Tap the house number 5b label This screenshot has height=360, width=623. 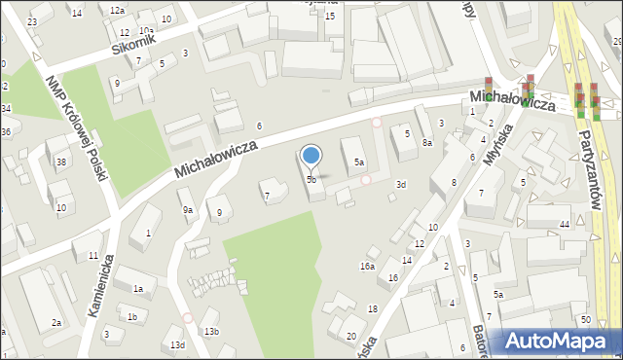pyautogui.click(x=311, y=180)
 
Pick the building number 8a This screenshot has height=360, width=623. pyautogui.click(x=426, y=143)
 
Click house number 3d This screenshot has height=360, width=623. pyautogui.click(x=400, y=183)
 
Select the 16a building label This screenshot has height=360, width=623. pyautogui.click(x=367, y=266)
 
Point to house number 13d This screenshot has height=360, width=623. pyautogui.click(x=177, y=345)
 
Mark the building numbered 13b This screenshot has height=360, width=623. pyautogui.click(x=211, y=332)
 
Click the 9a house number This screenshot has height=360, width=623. pyautogui.click(x=187, y=209)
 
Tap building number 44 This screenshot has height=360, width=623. pyautogui.click(x=565, y=225)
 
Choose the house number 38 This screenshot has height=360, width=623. pyautogui.click(x=61, y=162)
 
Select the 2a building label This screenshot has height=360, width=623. pyautogui.click(x=56, y=322)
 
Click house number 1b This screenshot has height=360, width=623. pyautogui.click(x=131, y=317)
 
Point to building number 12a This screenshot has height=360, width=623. pyautogui.click(x=117, y=10)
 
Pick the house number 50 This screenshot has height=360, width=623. pyautogui.click(x=585, y=320)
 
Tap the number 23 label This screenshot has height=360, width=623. pyautogui.click(x=33, y=21)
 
